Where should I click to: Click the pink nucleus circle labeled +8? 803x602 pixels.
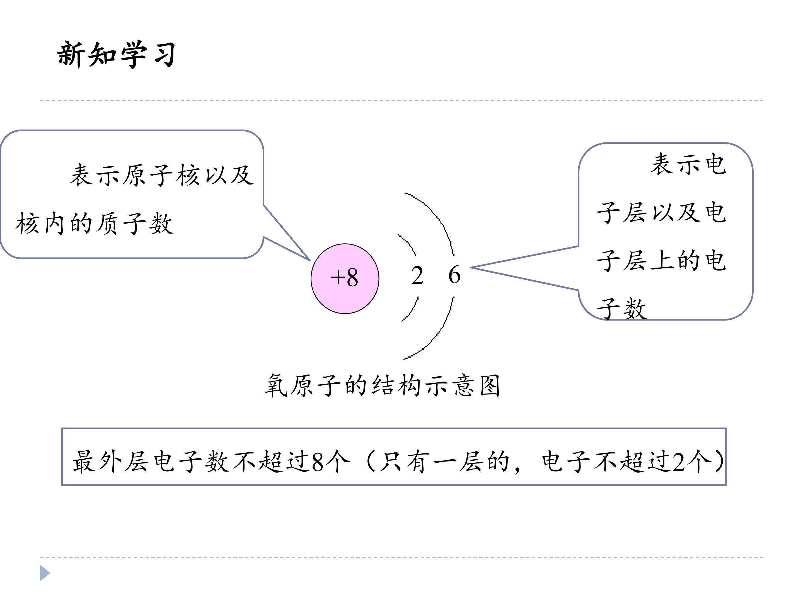coord(345,278)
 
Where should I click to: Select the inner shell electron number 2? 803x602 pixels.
coord(417,275)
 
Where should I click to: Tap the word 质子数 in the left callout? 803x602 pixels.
coord(134,223)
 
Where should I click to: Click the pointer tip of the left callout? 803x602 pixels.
coord(310,261)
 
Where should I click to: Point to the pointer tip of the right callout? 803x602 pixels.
coord(471,268)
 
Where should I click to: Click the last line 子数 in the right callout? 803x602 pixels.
coord(621,309)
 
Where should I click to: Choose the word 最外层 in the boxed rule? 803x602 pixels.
coord(110,462)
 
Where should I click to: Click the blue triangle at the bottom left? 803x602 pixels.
coord(45,573)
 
